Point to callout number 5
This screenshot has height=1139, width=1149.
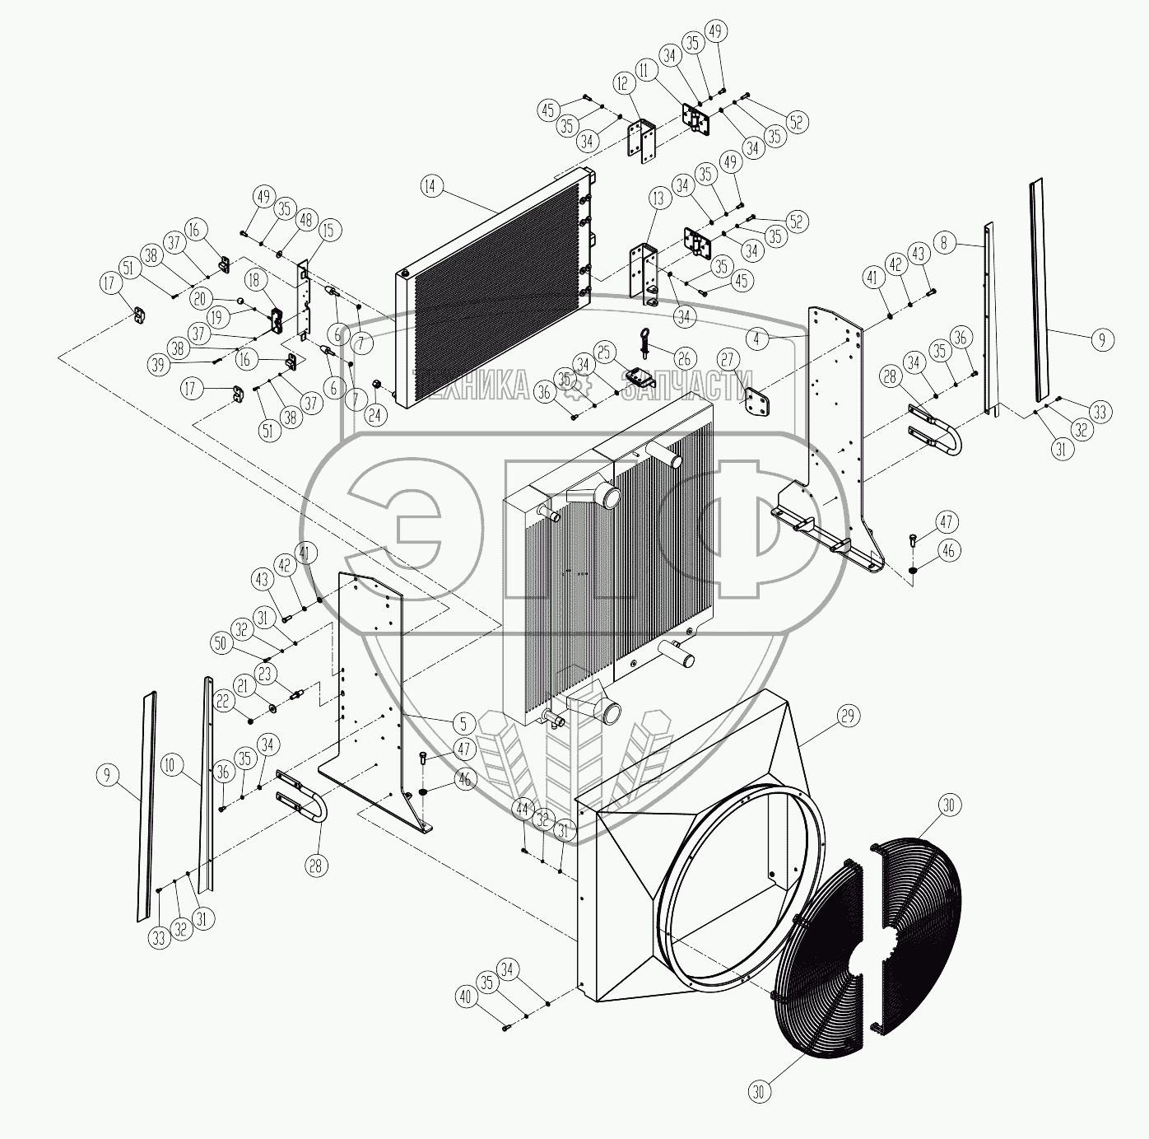tap(463, 723)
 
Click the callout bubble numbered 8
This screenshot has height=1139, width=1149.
tap(946, 243)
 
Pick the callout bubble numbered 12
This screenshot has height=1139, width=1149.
tap(621, 83)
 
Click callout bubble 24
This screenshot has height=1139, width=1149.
tap(375, 414)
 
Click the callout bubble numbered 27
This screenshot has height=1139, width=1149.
tap(728, 360)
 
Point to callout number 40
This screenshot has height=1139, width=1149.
tap(465, 997)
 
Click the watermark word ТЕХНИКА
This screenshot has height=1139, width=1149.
tap(477, 385)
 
